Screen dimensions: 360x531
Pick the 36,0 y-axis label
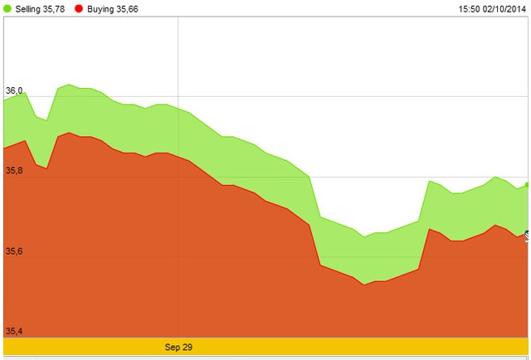tap(15, 90)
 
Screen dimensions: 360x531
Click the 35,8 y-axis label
tap(15, 171)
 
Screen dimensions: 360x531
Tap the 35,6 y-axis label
tap(15, 251)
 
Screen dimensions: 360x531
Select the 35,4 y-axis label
tap(15, 331)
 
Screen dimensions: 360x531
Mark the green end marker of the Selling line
tap(528, 185)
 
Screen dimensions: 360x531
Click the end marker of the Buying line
tap(528, 233)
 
